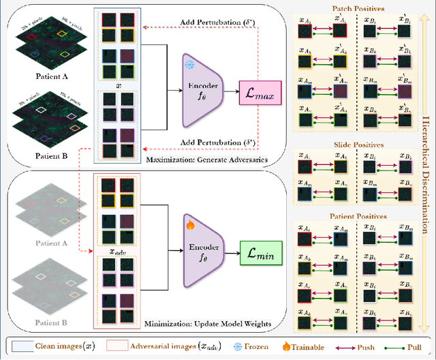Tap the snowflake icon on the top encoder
point(190,63)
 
